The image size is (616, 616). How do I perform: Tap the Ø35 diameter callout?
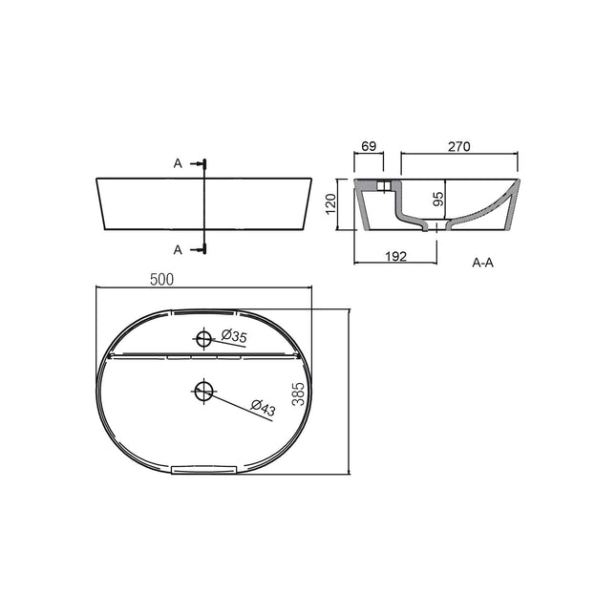click(234, 335)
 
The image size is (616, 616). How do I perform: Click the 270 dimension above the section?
click(459, 146)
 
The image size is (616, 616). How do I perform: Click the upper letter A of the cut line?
click(178, 164)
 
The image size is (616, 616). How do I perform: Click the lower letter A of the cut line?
click(178, 250)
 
